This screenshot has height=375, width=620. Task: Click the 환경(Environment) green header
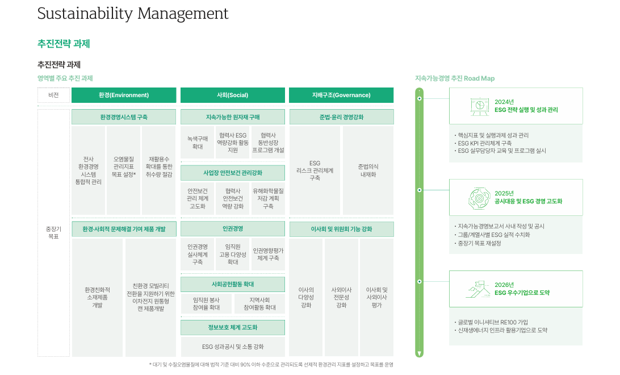pyautogui.click(x=124, y=95)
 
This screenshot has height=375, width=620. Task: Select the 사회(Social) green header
pyautogui.click(x=233, y=95)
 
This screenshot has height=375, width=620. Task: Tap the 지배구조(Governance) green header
pyautogui.click(x=341, y=95)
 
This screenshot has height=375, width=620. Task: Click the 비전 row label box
pyautogui.click(x=53, y=95)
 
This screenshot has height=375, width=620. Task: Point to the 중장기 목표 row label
pyautogui.click(x=53, y=232)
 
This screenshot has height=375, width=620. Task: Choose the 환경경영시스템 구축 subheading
pyautogui.click(x=124, y=117)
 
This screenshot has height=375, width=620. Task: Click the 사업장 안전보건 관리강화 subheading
pyautogui.click(x=233, y=172)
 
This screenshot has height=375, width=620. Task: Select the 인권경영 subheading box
pyautogui.click(x=233, y=228)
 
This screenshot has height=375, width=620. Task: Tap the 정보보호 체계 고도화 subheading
pyautogui.click(x=233, y=327)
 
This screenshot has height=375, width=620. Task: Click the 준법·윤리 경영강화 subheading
pyautogui.click(x=341, y=117)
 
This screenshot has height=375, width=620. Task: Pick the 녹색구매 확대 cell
pyautogui.click(x=198, y=143)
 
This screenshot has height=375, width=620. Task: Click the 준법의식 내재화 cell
pyautogui.click(x=368, y=170)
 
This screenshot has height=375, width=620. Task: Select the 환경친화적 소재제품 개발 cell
pyautogui.click(x=97, y=297)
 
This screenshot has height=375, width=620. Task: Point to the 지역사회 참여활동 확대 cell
pyautogui.click(x=259, y=304)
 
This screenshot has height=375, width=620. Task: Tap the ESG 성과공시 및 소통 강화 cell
pyautogui.click(x=233, y=347)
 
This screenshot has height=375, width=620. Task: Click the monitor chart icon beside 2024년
pyautogui.click(x=480, y=106)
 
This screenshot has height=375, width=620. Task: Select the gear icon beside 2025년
pyautogui.click(x=479, y=198)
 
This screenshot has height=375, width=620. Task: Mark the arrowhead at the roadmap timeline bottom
pyautogui.click(x=420, y=353)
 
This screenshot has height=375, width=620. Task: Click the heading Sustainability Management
pyautogui.click(x=133, y=14)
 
